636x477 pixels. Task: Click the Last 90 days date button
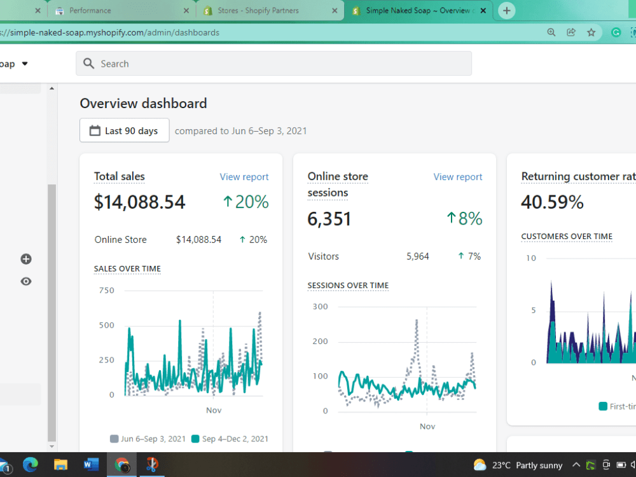coord(125,130)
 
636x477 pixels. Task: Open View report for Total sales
coord(244,177)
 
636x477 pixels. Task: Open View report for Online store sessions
coord(457,177)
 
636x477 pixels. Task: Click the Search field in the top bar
coord(273,63)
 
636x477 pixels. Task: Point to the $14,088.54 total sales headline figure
coord(139,202)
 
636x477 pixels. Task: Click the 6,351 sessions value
coord(329,219)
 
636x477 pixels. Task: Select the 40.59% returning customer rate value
coord(552,202)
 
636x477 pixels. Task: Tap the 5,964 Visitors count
coord(417,256)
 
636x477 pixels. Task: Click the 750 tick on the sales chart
coord(107,291)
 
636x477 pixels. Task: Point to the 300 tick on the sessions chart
coord(320,307)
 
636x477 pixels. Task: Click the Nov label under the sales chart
coord(214,410)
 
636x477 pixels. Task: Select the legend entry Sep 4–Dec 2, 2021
coord(230,439)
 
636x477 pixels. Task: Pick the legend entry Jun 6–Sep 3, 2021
coord(148,439)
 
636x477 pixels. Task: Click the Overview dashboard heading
coord(143,104)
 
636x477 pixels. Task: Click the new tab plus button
coord(507,11)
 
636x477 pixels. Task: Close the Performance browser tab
coord(186,11)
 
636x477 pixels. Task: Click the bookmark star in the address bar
coord(591,32)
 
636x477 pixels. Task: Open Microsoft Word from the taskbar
coord(91,464)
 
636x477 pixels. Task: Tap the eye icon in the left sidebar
coord(26,282)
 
